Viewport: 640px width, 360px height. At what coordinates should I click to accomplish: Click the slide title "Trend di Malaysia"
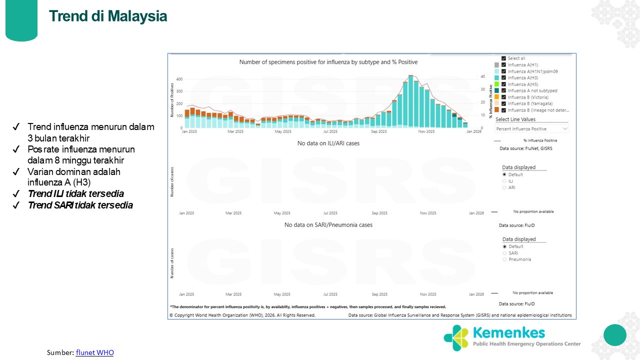point(108,16)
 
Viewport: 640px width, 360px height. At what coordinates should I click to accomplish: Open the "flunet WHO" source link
point(95,352)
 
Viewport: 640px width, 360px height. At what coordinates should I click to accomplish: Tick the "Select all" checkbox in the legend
point(503,58)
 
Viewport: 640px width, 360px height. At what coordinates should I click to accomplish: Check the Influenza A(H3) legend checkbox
point(503,78)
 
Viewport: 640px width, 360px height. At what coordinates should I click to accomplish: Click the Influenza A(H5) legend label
point(522,84)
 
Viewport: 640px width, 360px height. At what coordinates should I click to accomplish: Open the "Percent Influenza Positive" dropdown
point(532,129)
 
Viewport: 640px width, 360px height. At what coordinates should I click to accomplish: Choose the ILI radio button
point(504,181)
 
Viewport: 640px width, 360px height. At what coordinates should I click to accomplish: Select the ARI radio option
point(504,187)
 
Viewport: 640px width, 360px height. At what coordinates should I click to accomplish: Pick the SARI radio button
point(504,253)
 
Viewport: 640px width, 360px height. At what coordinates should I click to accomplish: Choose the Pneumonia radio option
point(504,259)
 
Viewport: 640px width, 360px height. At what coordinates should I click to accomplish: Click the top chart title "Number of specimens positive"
point(328,62)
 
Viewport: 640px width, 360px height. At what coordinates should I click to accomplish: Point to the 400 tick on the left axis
point(179,79)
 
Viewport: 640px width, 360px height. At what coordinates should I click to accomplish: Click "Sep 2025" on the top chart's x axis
point(378,131)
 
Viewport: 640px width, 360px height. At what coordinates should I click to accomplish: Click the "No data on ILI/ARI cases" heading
point(328,143)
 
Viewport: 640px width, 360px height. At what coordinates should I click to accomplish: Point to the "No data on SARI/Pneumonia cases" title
point(328,225)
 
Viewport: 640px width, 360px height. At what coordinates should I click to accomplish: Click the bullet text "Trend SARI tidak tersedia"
point(80,205)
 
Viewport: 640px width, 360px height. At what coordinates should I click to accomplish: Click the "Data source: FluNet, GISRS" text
point(526,148)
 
